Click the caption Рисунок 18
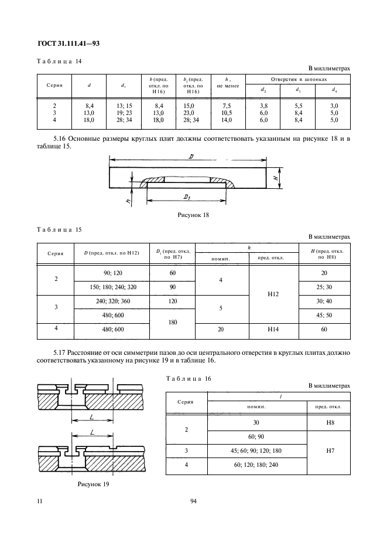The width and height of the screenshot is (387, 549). point(193,215)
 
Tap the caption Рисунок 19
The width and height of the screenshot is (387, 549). point(94,484)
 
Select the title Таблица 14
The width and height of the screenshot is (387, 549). point(59,61)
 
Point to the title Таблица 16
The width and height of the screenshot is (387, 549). point(187,378)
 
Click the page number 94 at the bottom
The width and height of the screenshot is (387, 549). point(194,500)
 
